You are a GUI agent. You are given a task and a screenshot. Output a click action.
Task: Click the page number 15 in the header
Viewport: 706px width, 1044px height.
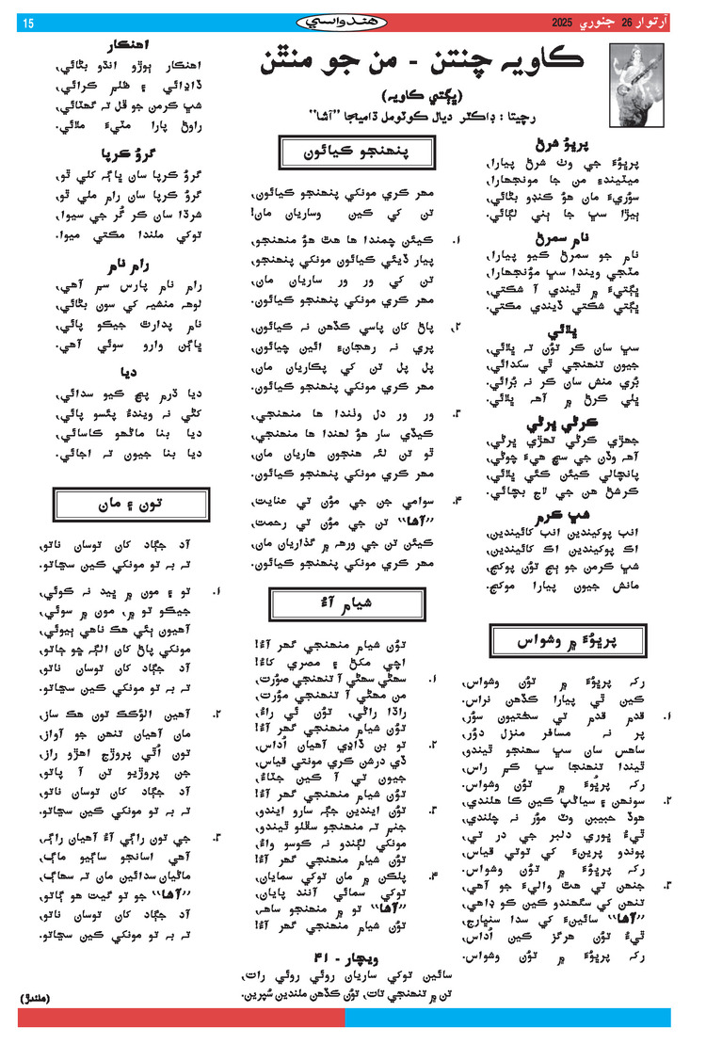27,22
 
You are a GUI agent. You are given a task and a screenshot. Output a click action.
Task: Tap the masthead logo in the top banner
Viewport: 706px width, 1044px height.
350,21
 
